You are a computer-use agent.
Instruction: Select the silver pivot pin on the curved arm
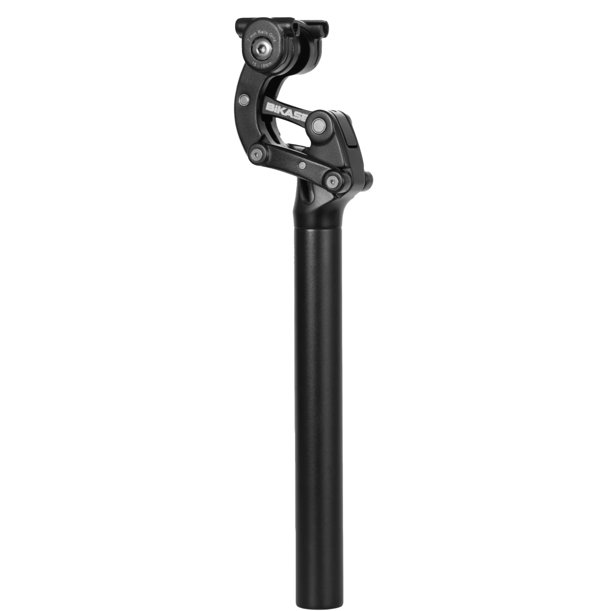pos(244,100)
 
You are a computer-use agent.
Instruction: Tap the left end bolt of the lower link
pos(257,154)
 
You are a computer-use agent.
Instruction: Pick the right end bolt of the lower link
pos(332,181)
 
